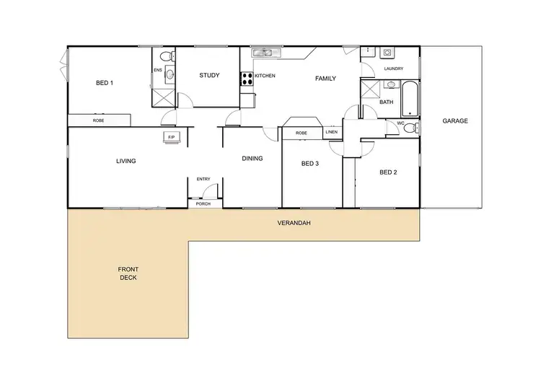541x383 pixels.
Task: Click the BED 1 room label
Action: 105,83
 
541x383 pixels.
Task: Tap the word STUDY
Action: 209,75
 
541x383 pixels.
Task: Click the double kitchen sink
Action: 263,53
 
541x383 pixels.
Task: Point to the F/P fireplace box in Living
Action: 171,136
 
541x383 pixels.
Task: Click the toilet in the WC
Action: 409,128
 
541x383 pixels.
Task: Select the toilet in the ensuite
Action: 164,56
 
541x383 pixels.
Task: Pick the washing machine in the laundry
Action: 387,53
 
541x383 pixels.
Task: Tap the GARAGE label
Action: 455,121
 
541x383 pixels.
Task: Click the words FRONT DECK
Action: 128,273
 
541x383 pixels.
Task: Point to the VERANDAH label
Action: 294,223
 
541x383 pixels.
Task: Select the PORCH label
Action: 204,204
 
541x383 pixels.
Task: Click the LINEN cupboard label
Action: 331,133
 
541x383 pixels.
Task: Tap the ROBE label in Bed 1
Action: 98,120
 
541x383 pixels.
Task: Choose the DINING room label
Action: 252,158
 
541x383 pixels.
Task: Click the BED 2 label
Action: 389,172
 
